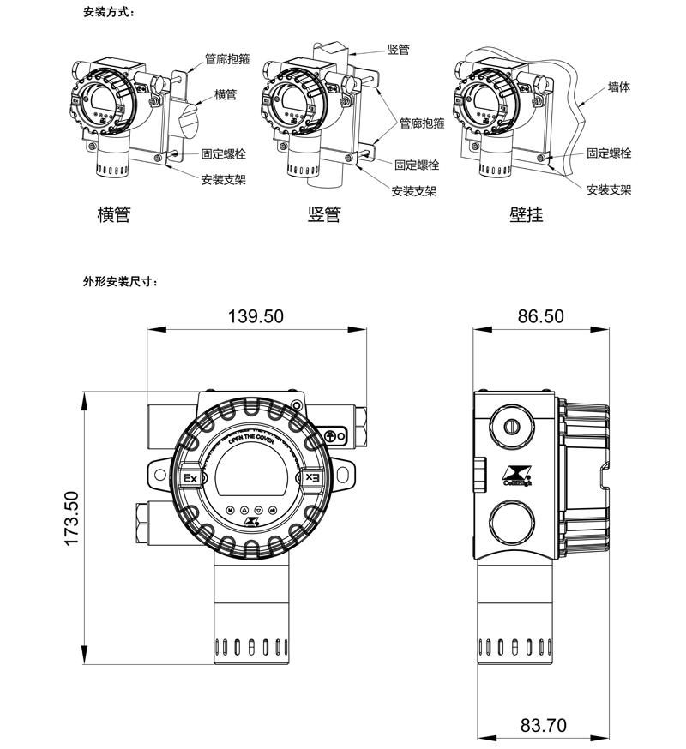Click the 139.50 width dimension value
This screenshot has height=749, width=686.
(256, 316)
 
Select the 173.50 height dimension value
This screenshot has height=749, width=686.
(72, 518)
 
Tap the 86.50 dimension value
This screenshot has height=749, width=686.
(540, 316)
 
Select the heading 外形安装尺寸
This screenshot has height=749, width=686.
(120, 280)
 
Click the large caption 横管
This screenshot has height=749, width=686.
(114, 214)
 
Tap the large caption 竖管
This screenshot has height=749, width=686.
(324, 214)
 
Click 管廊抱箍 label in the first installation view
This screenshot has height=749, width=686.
(227, 60)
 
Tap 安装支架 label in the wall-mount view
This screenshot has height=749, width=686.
(609, 189)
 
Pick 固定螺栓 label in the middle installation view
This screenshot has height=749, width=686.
(417, 165)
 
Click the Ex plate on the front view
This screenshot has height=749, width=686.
(190, 477)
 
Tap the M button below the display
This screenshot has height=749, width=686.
(230, 510)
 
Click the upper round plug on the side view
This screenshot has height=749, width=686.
(513, 425)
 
